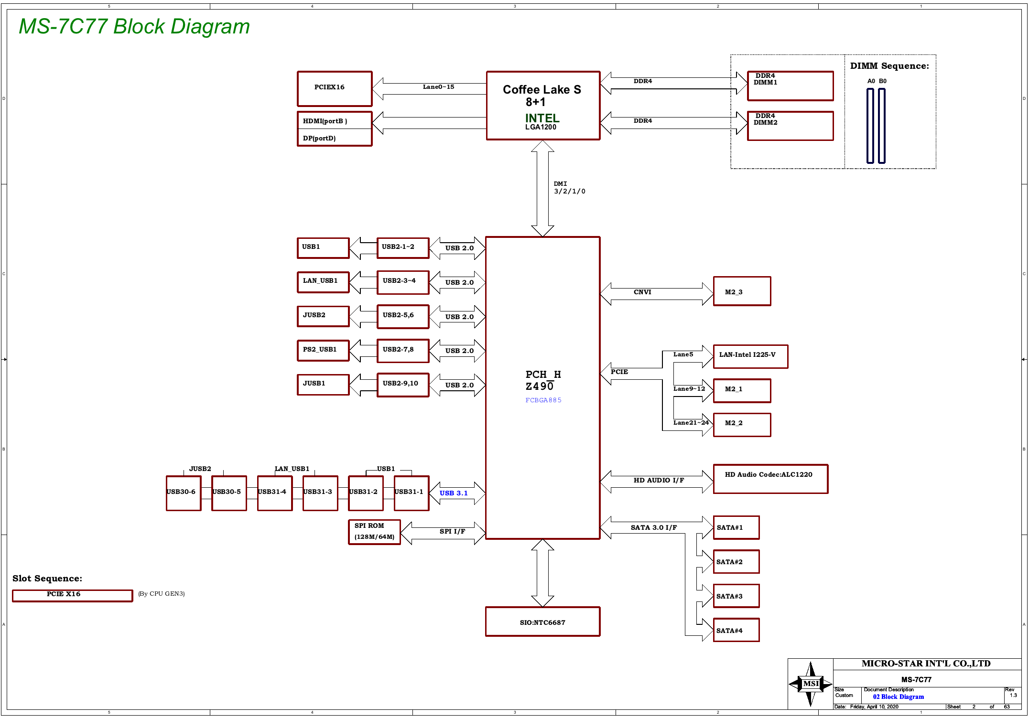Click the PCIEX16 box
coord(335,89)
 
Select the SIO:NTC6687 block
coord(542,622)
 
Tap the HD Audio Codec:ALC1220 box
coord(770,479)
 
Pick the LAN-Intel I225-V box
coord(750,356)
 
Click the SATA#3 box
coord(736,596)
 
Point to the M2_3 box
coord(742,291)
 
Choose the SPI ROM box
coord(374,532)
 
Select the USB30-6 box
coord(184,493)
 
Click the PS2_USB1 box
coord(323,350)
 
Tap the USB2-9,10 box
coord(403,385)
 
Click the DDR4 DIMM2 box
coord(790,126)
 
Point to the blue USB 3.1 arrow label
coord(454,493)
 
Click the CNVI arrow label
coord(642,292)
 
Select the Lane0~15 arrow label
coord(438,86)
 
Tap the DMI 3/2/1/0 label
coord(569,187)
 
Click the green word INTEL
coord(542,118)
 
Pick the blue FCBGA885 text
coord(543,400)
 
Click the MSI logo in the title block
coord(811,684)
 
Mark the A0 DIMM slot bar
coord(870,126)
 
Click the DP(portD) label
coord(319,138)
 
